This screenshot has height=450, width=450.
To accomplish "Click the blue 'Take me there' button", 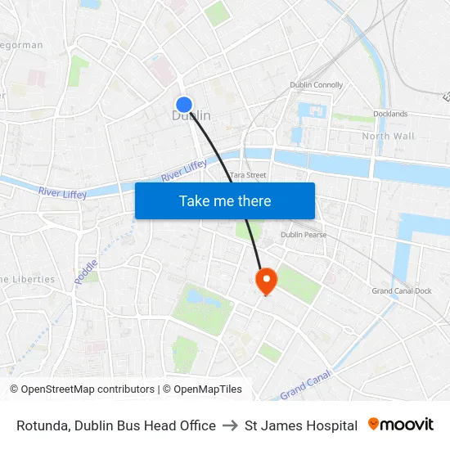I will pos(225,200).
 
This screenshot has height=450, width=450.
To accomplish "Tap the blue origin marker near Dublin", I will pos(184,105).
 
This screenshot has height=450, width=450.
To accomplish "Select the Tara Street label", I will pos(248,175).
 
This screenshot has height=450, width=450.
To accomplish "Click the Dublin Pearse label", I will pos(304,235).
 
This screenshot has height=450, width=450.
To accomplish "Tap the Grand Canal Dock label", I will pos(401,291).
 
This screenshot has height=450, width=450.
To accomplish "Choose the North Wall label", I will pos(388,136).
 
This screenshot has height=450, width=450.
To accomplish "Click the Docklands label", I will pos(390,114).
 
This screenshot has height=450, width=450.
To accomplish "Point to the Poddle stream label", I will pos(86,272).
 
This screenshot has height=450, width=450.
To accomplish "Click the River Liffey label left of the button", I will pos(62,192).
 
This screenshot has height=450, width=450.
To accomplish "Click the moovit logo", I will pos(401,425).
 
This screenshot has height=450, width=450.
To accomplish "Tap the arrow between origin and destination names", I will pos(230,425).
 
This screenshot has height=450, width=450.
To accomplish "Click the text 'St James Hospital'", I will pos(301,425).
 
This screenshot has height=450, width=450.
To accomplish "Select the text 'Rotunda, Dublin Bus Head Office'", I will pos(116,425).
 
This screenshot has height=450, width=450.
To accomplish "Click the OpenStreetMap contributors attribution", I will pos(82,389).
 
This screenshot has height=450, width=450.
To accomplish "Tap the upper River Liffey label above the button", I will pos(184,171).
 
